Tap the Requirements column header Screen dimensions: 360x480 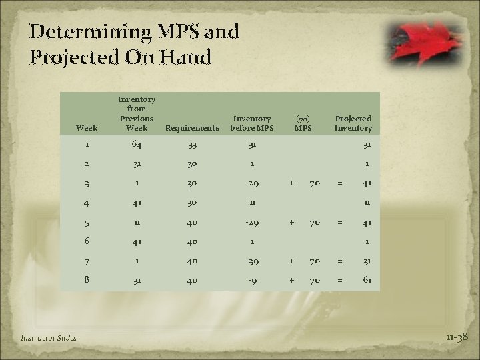point(191,127)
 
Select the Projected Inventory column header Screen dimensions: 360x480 point(353,123)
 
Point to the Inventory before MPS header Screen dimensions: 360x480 point(251,123)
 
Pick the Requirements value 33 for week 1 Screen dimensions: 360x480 point(191,145)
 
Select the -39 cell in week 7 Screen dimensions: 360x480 point(252,262)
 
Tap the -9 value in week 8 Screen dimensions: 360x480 point(252,281)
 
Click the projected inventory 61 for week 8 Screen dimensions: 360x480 point(367,281)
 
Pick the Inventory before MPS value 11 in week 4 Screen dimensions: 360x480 point(252,203)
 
